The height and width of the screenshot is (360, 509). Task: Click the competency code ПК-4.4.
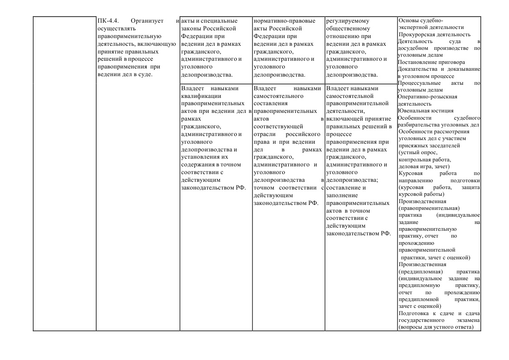click(x=107, y=21)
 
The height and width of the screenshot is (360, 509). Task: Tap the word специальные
click(x=221, y=21)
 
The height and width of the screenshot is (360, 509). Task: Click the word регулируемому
click(x=348, y=21)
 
